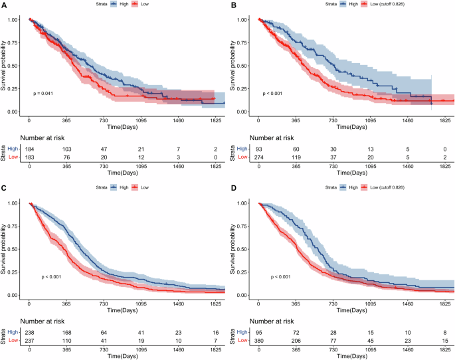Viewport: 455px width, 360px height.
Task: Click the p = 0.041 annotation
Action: (x=43, y=94)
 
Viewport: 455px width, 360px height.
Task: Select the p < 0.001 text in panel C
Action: (x=51, y=276)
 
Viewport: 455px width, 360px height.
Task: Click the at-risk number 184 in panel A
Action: (x=29, y=153)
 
